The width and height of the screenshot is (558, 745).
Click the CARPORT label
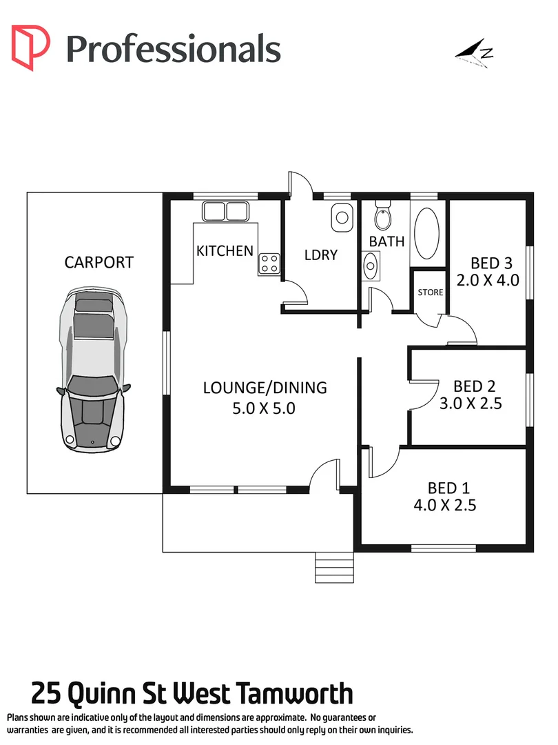99,262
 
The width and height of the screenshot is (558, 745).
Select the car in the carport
94,372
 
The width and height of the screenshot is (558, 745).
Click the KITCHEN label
225,250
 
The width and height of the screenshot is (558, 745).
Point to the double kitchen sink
225,211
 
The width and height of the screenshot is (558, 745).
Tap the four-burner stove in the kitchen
269,263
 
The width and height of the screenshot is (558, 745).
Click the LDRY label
321,255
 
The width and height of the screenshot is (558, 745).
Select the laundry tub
341,218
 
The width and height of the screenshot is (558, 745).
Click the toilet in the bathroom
382,217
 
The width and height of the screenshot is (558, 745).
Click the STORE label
431,292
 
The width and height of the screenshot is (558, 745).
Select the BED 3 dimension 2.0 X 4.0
488,280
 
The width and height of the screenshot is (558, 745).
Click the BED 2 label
475,386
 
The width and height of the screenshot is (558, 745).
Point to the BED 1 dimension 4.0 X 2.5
445,505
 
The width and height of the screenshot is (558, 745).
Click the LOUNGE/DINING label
265,388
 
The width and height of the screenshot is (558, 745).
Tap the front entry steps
334,569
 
